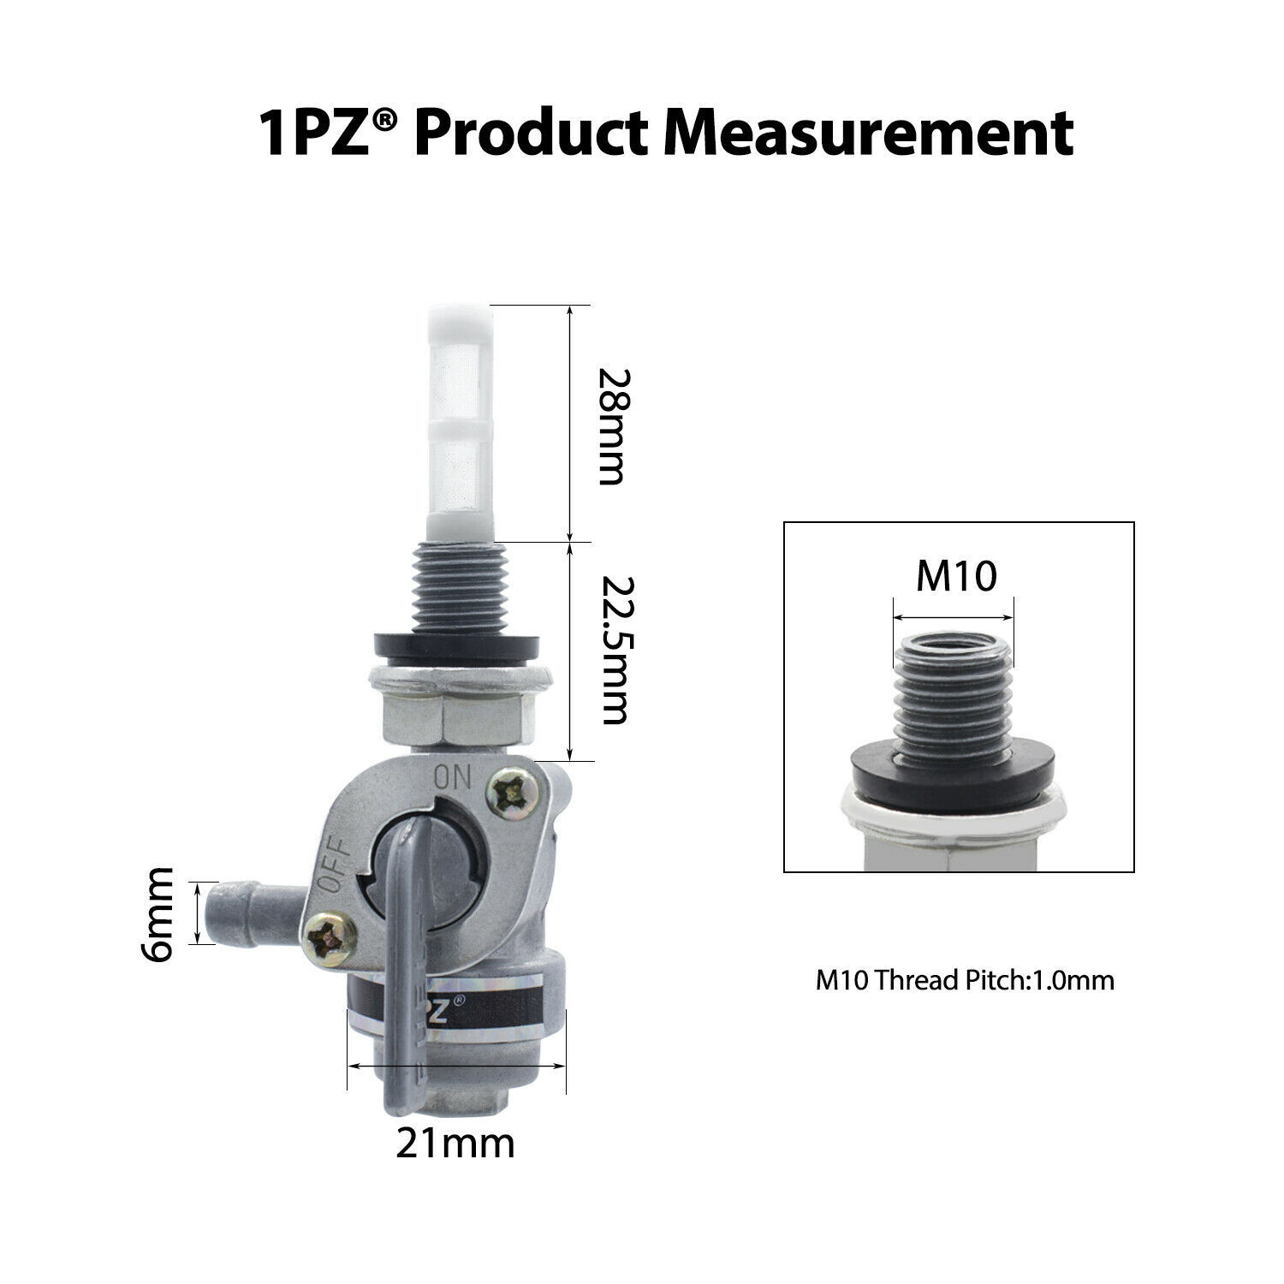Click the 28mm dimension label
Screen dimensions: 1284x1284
pyautogui.click(x=611, y=426)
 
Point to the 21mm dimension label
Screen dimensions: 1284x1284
pyautogui.click(x=455, y=1142)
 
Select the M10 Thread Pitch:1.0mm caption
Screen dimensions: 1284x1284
pyautogui.click(x=965, y=980)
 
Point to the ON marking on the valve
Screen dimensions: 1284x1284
pyautogui.click(x=453, y=777)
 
